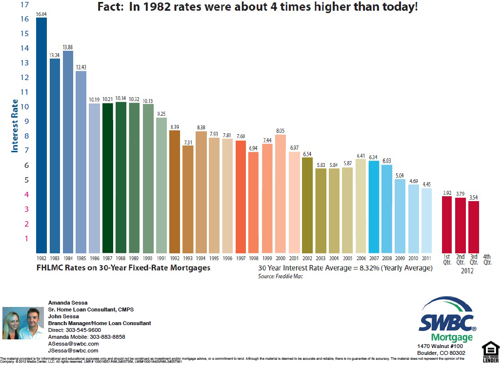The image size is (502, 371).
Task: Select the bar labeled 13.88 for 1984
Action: tap(68, 151)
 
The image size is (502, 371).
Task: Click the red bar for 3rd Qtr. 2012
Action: tap(474, 227)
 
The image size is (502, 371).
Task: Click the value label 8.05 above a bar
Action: tap(281, 131)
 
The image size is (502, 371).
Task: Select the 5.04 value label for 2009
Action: tap(400, 175)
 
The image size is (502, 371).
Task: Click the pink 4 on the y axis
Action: tap(26, 194)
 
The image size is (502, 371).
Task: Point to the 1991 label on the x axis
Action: tap(161, 257)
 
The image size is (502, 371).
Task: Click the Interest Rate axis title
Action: tap(15, 125)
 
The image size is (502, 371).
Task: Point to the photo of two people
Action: tap(23, 323)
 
